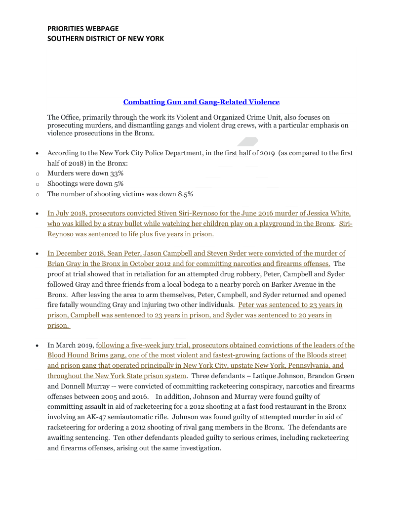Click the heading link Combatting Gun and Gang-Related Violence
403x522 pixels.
[x=201, y=102]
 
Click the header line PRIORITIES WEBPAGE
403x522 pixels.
[x=83, y=29]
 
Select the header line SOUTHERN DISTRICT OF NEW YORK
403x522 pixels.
[x=106, y=39]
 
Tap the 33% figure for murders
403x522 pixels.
[x=117, y=174]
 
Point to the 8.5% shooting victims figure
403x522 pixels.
[x=184, y=194]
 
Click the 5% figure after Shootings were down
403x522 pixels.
[x=119, y=184]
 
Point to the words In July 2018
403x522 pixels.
[x=67, y=214]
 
